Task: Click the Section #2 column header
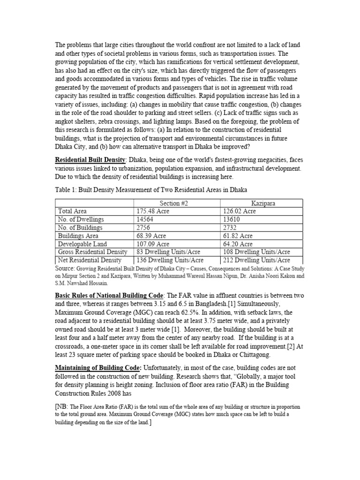click(175, 202)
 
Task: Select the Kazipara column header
click(262, 202)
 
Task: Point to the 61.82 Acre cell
click(238, 236)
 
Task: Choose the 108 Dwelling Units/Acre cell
click(256, 252)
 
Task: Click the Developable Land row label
click(82, 244)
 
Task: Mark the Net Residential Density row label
click(90, 260)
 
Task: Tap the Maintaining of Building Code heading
click(98, 368)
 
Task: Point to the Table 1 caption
click(151, 189)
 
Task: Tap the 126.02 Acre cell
click(240, 211)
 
